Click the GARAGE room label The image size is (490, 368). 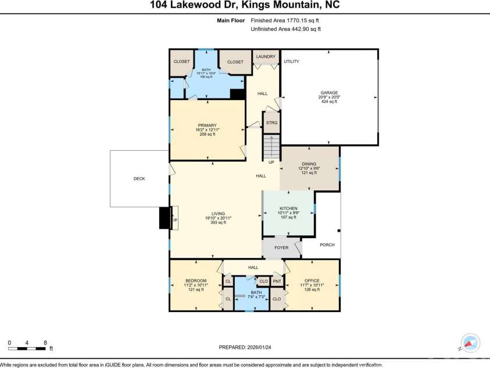(x=329, y=92)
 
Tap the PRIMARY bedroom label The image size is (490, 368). (x=207, y=125)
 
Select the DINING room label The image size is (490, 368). (x=309, y=165)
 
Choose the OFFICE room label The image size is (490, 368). (x=312, y=281)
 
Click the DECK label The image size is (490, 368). (x=139, y=179)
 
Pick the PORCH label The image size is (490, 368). (x=327, y=245)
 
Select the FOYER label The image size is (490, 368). (x=281, y=247)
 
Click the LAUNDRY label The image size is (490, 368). (x=266, y=56)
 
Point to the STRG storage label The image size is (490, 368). (x=271, y=123)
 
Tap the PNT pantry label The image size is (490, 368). (x=277, y=281)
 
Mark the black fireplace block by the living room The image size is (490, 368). (x=164, y=218)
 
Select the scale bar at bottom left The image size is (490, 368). (x=27, y=348)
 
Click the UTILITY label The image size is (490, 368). (x=291, y=61)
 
